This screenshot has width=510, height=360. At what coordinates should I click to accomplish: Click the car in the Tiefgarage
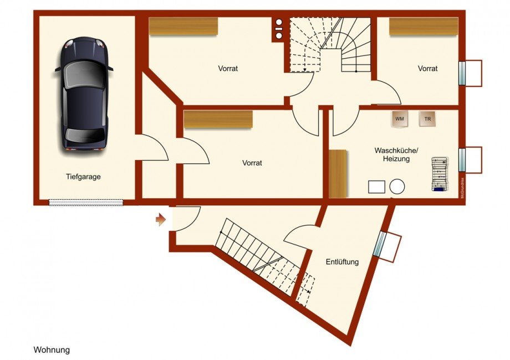click(84, 94)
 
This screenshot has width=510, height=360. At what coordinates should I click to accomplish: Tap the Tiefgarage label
click(83, 177)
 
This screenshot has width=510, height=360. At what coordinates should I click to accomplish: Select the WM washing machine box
click(400, 119)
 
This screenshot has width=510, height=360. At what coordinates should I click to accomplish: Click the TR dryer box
click(427, 119)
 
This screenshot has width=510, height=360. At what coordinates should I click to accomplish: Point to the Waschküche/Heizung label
click(396, 155)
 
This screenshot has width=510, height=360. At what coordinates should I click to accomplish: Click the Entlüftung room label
click(342, 261)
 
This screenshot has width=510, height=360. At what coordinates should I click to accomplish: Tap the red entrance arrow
click(161, 220)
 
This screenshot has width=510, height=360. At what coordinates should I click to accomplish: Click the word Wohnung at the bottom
click(52, 350)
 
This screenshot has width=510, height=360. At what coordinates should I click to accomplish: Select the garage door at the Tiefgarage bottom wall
click(86, 202)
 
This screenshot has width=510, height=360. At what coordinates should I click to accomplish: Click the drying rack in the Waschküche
click(440, 173)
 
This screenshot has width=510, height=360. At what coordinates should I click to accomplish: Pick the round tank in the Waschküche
click(397, 187)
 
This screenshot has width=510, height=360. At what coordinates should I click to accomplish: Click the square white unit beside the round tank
click(376, 187)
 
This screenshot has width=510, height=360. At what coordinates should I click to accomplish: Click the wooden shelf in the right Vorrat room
click(424, 26)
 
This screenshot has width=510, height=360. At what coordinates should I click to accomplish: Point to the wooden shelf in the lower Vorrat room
click(218, 119)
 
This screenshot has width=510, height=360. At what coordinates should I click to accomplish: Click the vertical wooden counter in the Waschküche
click(338, 173)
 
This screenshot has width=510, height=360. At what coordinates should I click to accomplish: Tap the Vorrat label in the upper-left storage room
click(228, 69)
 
